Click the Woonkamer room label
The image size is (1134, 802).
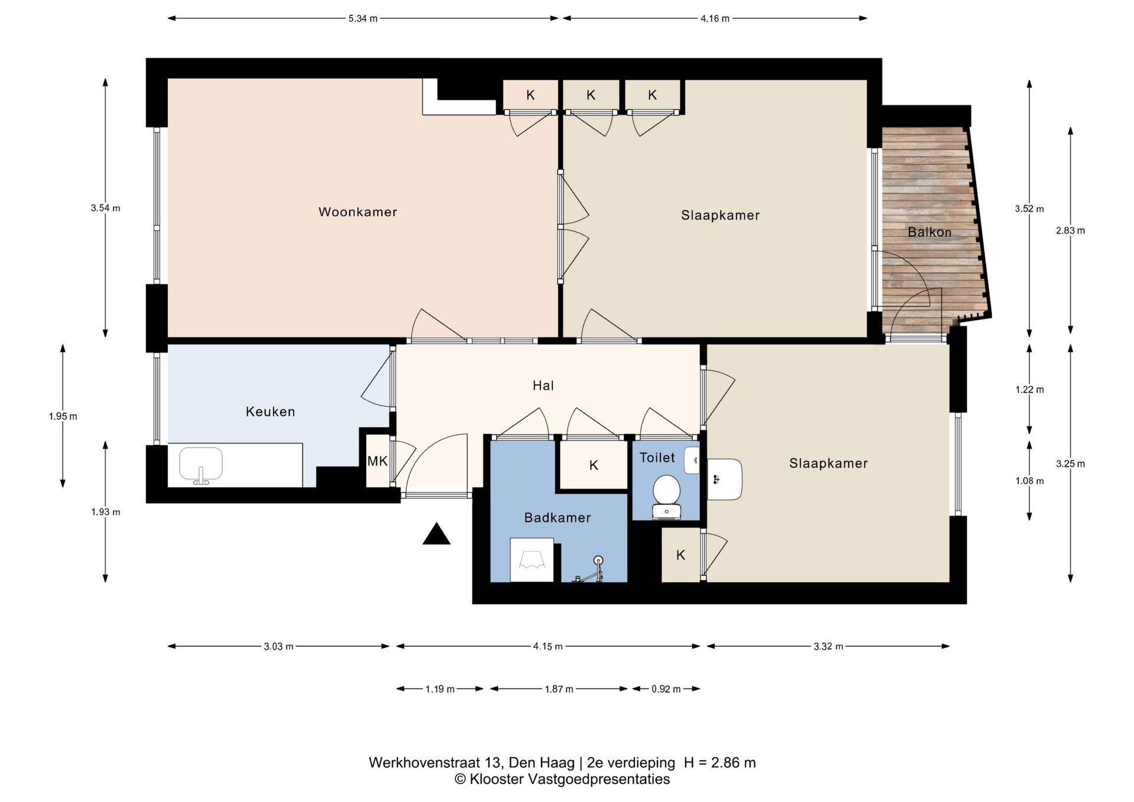357,212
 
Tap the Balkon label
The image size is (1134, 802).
930,232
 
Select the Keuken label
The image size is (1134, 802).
271,412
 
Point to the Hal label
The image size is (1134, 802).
543,386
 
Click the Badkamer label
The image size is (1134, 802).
558,518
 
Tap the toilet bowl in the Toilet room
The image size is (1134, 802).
667,497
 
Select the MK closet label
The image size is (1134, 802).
377,461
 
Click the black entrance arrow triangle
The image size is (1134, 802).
436,534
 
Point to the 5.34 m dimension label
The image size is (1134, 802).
363,18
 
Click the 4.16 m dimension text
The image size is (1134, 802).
715,18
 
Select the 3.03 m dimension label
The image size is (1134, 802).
279,646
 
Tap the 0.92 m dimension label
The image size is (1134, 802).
666,689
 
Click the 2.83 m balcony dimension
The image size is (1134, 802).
1070,231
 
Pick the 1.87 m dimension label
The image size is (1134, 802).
559,689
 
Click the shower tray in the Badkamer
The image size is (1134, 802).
532,560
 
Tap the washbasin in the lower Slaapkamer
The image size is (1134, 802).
725,480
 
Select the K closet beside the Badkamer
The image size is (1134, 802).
594,465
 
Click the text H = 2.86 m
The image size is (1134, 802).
720,762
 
